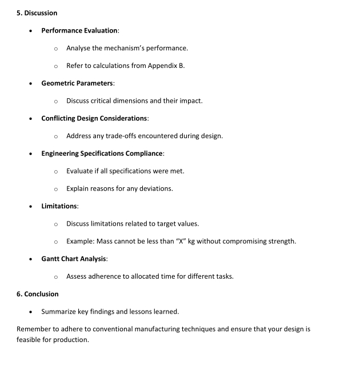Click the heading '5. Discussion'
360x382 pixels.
37,13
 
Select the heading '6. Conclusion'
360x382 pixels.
38,294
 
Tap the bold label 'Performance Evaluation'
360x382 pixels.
79,30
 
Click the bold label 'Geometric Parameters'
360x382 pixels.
77,83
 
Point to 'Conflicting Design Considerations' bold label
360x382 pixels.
94,118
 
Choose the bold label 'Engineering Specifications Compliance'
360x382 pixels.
102,154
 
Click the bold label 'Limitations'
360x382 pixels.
59,206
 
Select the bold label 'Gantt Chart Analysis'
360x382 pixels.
74,259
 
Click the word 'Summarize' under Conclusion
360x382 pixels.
59,312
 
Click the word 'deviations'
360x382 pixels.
155,188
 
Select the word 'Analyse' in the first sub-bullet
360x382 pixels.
79,48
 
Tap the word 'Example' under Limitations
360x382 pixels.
79,241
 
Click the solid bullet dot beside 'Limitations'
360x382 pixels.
31,206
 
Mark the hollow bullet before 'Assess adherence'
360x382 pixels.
55,277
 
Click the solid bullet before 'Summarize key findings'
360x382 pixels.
31,312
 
